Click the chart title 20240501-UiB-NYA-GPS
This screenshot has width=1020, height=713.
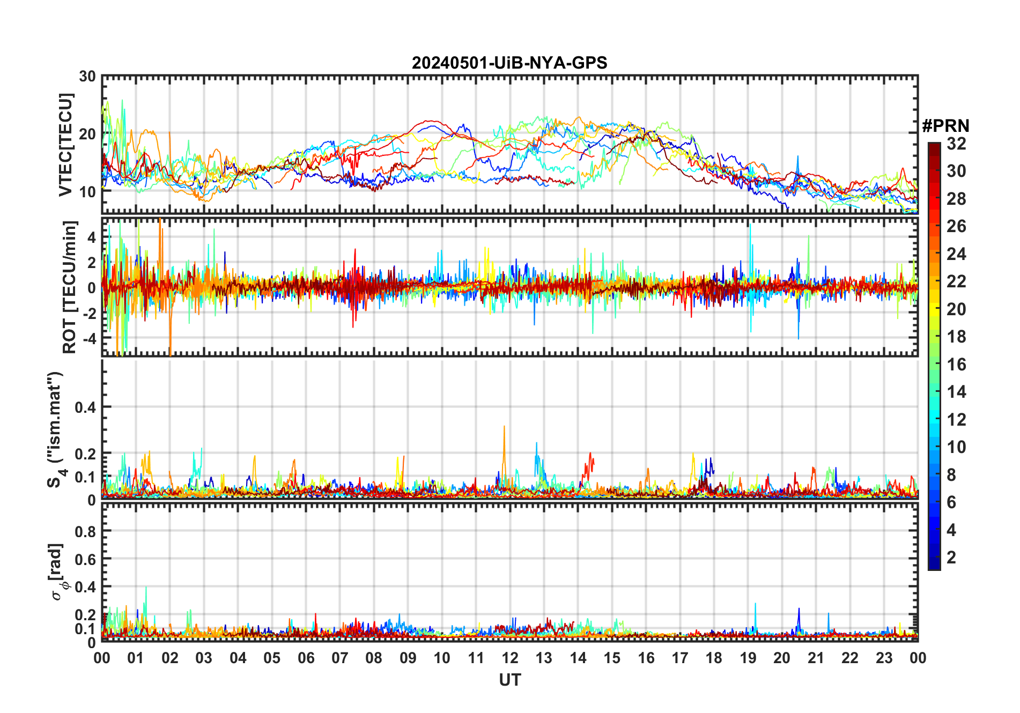coord(509,63)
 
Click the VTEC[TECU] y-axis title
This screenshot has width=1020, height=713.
coord(66,145)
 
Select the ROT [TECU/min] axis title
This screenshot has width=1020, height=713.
coord(70,287)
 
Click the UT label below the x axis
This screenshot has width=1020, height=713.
coord(509,680)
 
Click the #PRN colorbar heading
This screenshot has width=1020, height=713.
coord(945,126)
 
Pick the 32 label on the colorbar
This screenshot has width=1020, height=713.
coord(956,144)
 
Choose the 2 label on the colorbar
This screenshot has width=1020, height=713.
coord(951,558)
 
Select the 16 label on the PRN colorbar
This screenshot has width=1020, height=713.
coord(956,365)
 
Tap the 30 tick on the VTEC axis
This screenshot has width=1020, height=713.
coord(87,77)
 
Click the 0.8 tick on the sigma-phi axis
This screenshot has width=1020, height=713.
coord(85,531)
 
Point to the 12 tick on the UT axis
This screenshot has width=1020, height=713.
coord(509,658)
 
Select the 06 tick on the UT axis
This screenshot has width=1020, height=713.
coord(306,658)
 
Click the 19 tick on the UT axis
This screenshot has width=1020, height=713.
coord(748,658)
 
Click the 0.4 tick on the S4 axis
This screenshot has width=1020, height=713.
coord(85,407)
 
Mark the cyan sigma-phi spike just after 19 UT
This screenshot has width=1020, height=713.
coord(756,605)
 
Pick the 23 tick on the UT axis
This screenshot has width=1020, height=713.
coord(884,658)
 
